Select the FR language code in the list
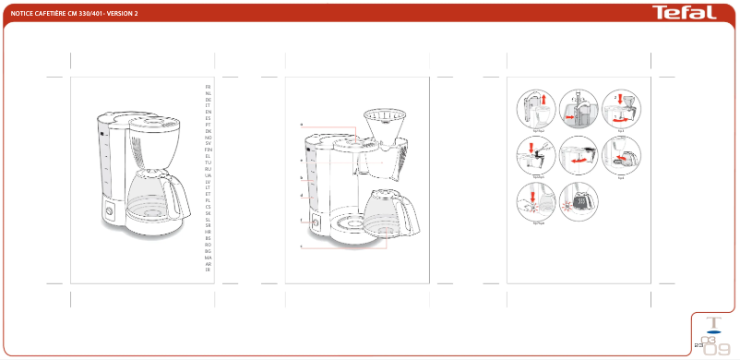pyautogui.click(x=208, y=86)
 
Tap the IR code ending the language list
pyautogui.click(x=208, y=269)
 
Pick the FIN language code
pyautogui.click(x=208, y=150)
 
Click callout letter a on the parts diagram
pyautogui.click(x=302, y=125)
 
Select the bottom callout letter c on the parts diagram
pyautogui.click(x=302, y=247)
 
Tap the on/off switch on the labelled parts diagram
pyautogui.click(x=316, y=221)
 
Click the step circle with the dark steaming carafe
pyautogui.click(x=579, y=202)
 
